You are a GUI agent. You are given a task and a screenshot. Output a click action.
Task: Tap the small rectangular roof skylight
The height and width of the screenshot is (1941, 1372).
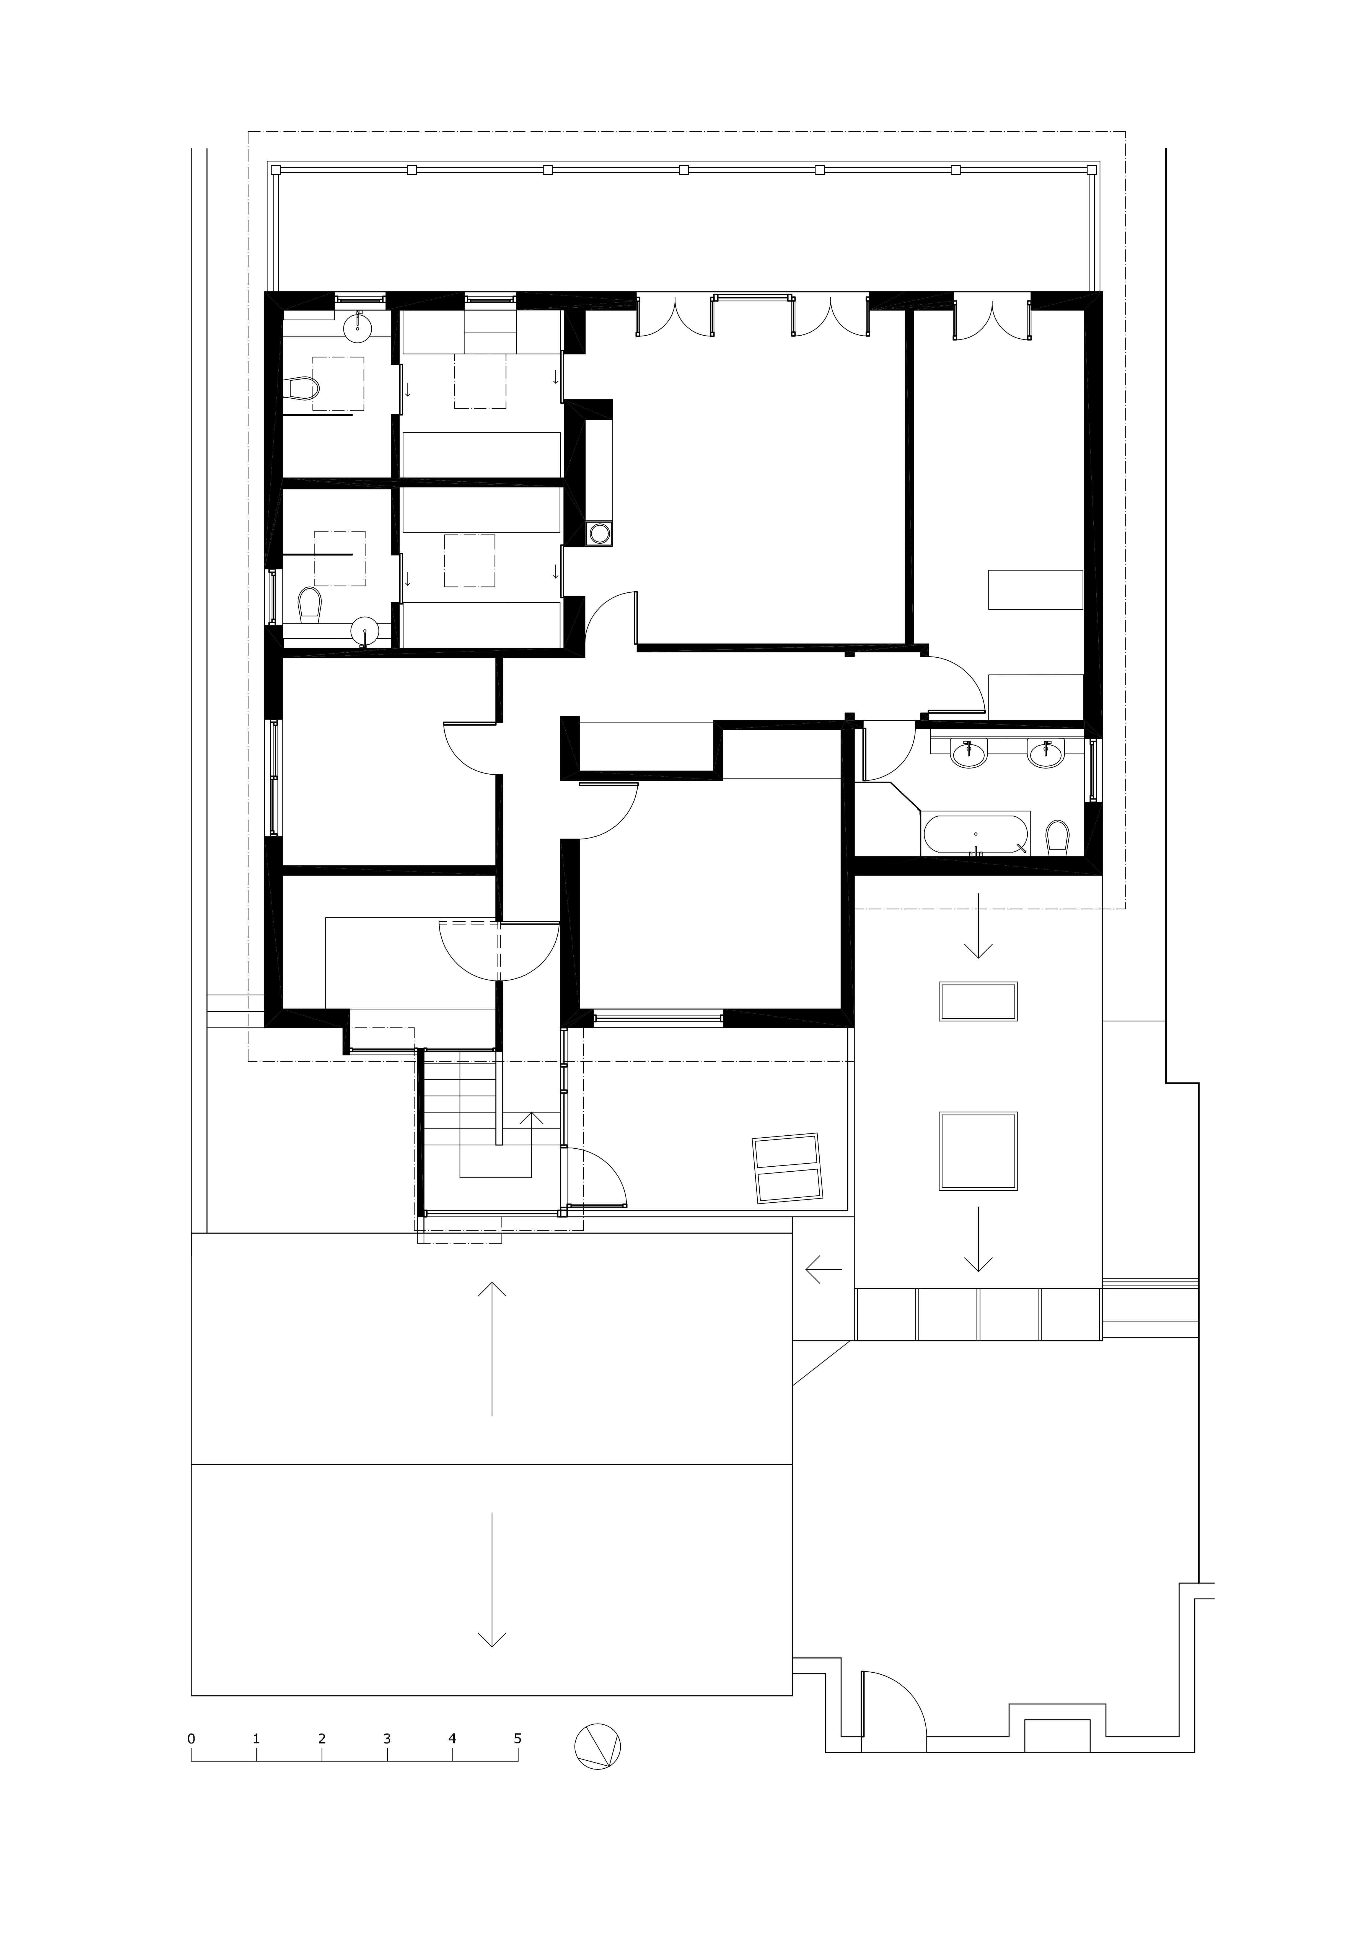pos(978,1002)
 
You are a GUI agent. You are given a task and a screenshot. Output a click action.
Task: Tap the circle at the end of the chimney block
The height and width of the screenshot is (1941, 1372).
pos(601,533)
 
